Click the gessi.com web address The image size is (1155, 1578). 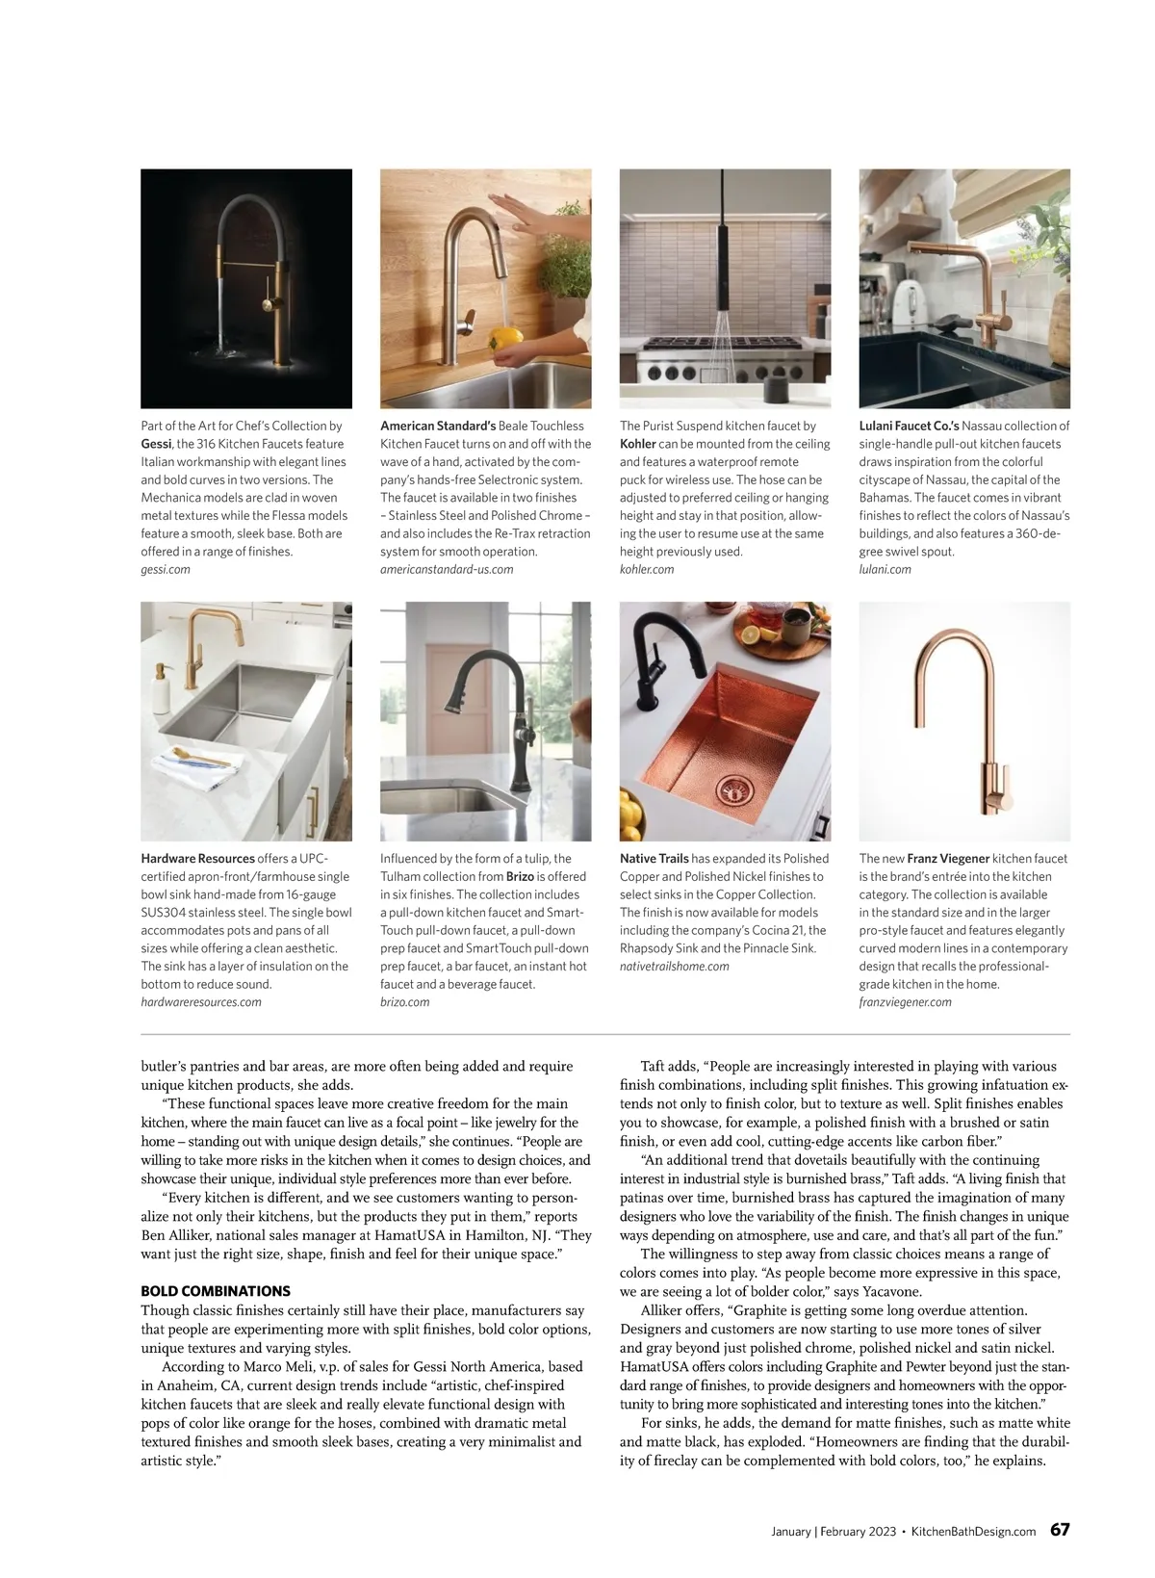coord(166,569)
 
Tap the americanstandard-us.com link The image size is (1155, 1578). coord(447,569)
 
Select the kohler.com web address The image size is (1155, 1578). coord(647,569)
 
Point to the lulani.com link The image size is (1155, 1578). coord(885,569)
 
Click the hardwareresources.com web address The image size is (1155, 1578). coord(201,1001)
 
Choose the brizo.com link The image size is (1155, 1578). coord(404,1001)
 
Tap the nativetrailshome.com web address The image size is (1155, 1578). coord(675,966)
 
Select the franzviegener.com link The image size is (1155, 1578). coord(905,1001)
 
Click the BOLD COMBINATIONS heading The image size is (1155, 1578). coord(216,1291)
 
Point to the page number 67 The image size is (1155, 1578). coord(1059,1530)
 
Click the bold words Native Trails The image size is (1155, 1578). coord(654,858)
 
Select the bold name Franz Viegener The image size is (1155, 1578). coord(948,858)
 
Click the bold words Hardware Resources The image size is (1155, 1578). coord(197,858)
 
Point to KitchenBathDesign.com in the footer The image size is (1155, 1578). coord(973,1531)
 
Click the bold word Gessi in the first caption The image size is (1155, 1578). coord(156,444)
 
